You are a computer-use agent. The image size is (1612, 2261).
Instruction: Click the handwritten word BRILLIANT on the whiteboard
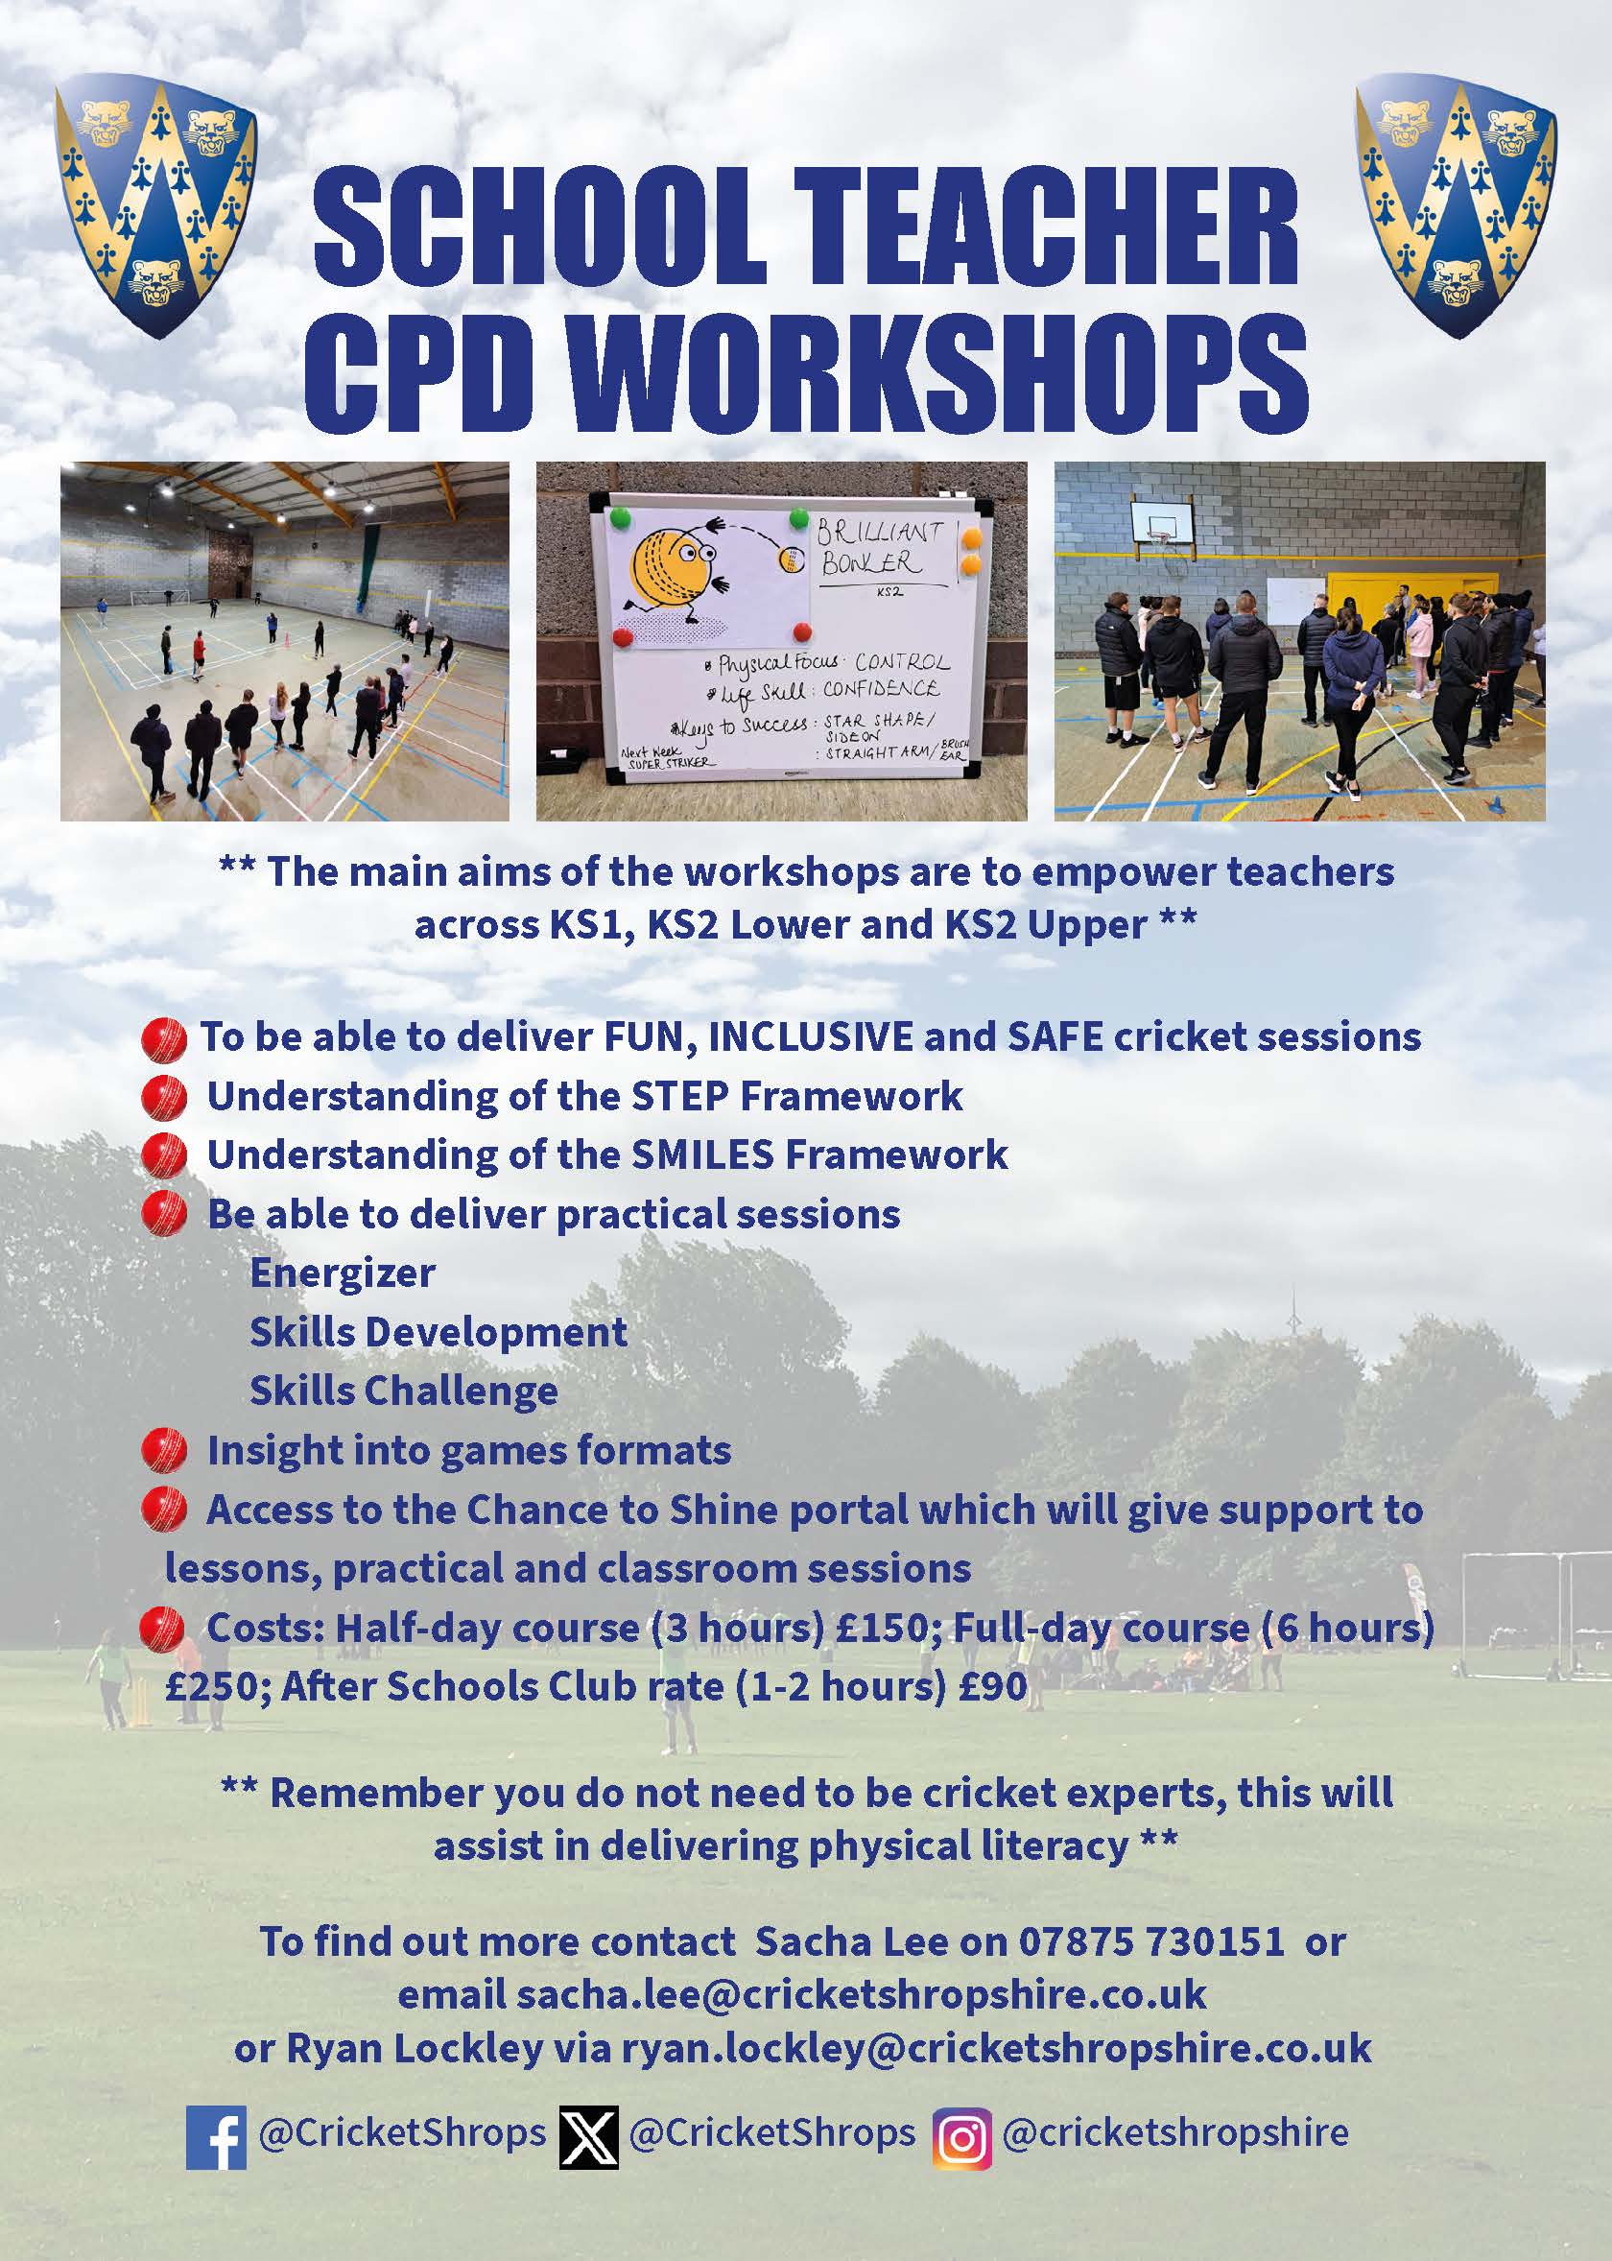pos(879,532)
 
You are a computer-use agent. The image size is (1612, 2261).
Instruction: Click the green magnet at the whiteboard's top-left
pos(621,517)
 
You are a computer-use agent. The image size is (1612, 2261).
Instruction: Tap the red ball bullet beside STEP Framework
pos(164,1098)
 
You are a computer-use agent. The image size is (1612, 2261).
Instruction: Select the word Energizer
pos(343,1273)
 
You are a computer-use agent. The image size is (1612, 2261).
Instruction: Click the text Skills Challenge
pos(403,1392)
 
